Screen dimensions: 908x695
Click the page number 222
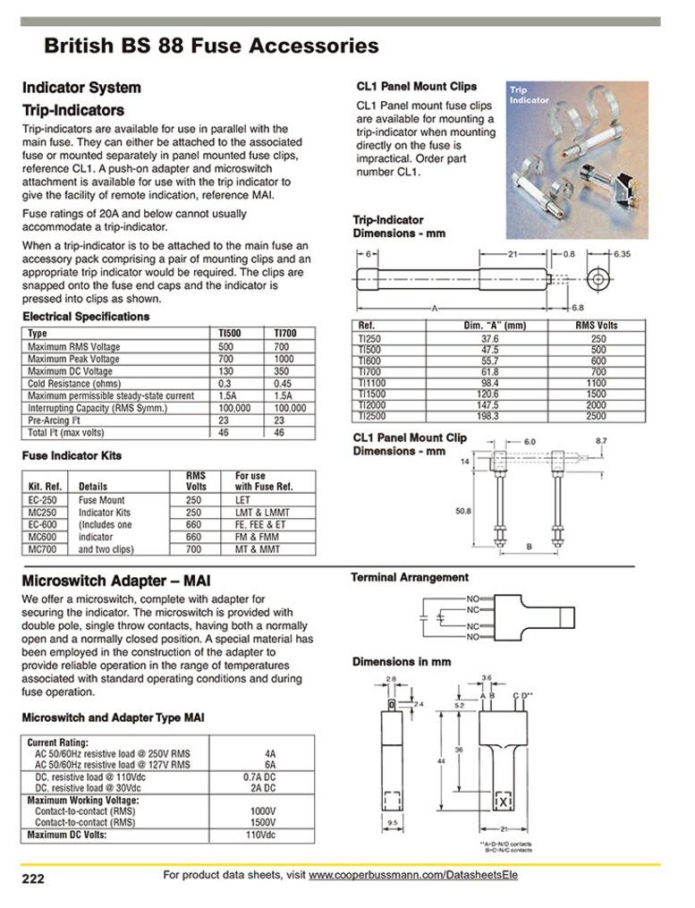coord(33,879)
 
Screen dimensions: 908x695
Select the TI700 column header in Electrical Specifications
coord(285,333)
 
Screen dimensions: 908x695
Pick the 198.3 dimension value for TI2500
coord(490,417)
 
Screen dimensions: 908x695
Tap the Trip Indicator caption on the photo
coord(530,95)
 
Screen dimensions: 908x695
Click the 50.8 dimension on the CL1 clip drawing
coord(462,511)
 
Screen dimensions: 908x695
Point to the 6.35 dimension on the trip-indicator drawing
coord(622,254)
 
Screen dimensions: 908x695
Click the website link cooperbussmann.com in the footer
coord(413,875)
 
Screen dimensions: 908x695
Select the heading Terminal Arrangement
coord(410,578)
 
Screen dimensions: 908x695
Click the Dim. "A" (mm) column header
coord(490,326)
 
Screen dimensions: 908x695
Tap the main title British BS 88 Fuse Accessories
coord(211,46)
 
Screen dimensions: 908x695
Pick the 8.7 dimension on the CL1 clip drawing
coord(601,441)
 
